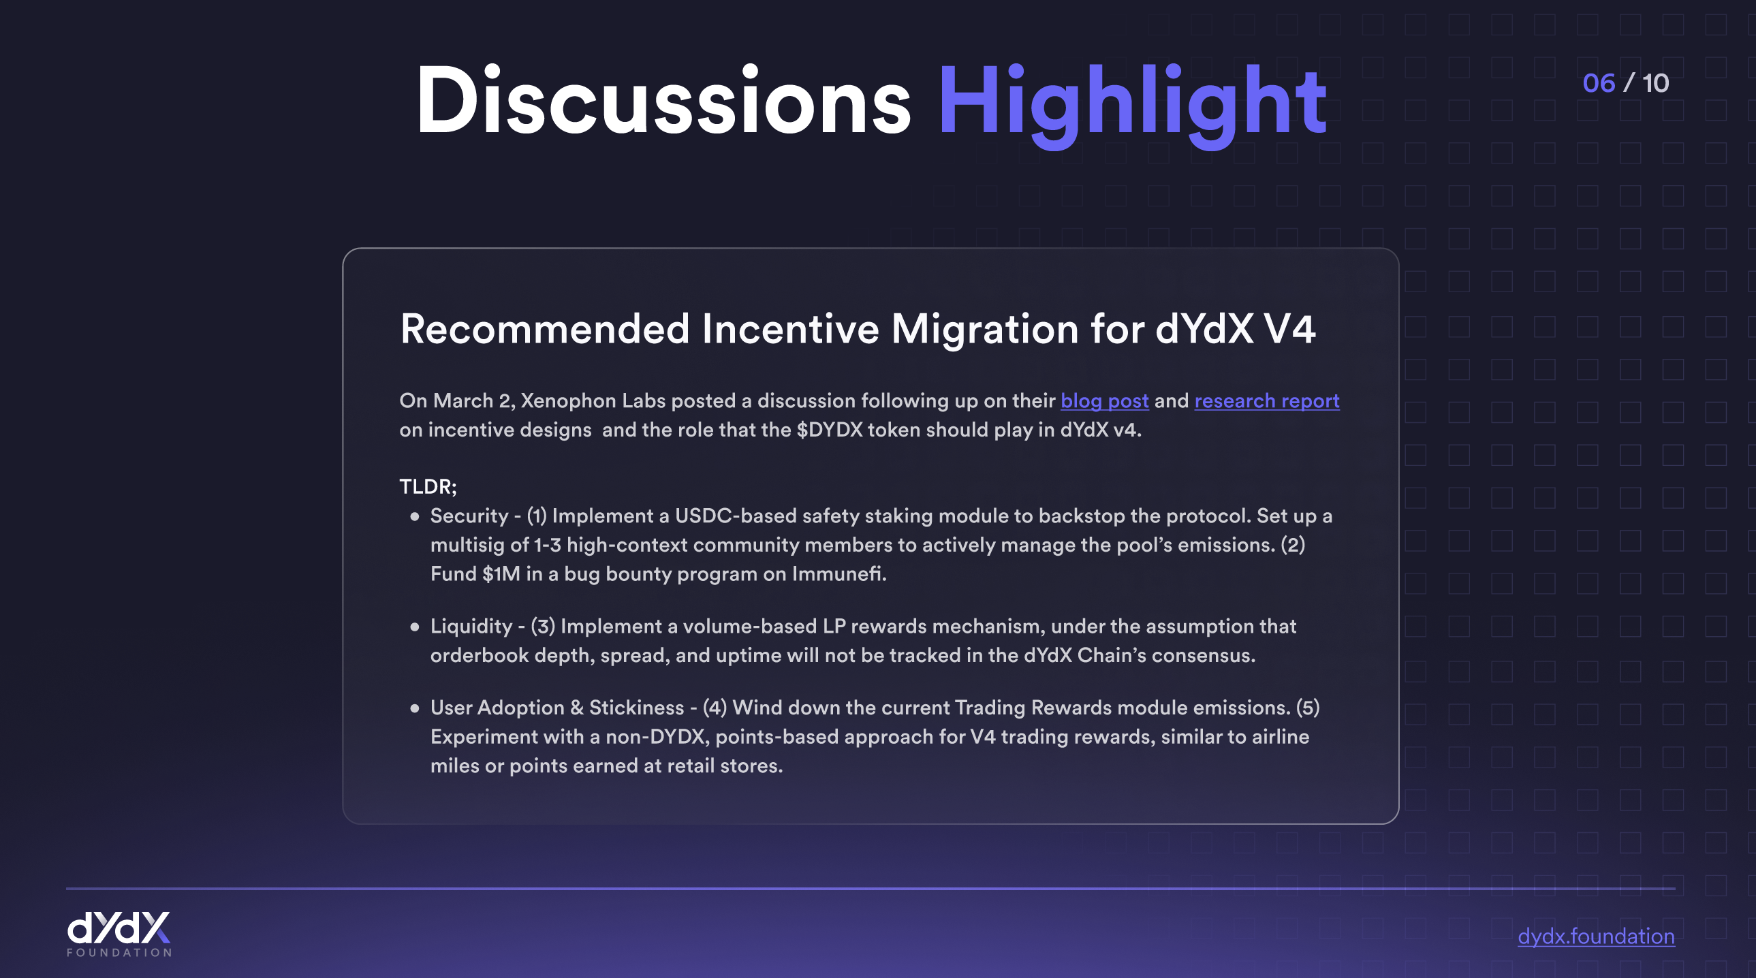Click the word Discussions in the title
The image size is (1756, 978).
[663, 100]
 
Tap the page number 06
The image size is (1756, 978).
[1599, 83]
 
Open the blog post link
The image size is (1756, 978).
[1104, 400]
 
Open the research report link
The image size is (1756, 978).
[1266, 400]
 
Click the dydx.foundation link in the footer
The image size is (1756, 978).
[1596, 936]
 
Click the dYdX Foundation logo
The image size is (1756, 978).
[119, 934]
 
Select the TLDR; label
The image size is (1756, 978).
[428, 486]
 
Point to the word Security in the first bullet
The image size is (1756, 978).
[469, 516]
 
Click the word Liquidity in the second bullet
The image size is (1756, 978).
[471, 627]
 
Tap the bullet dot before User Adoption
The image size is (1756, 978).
[414, 708]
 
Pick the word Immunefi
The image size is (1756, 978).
[838, 574]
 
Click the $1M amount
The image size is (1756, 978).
[501, 574]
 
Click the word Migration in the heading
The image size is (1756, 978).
[984, 330]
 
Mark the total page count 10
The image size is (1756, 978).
[1655, 83]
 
